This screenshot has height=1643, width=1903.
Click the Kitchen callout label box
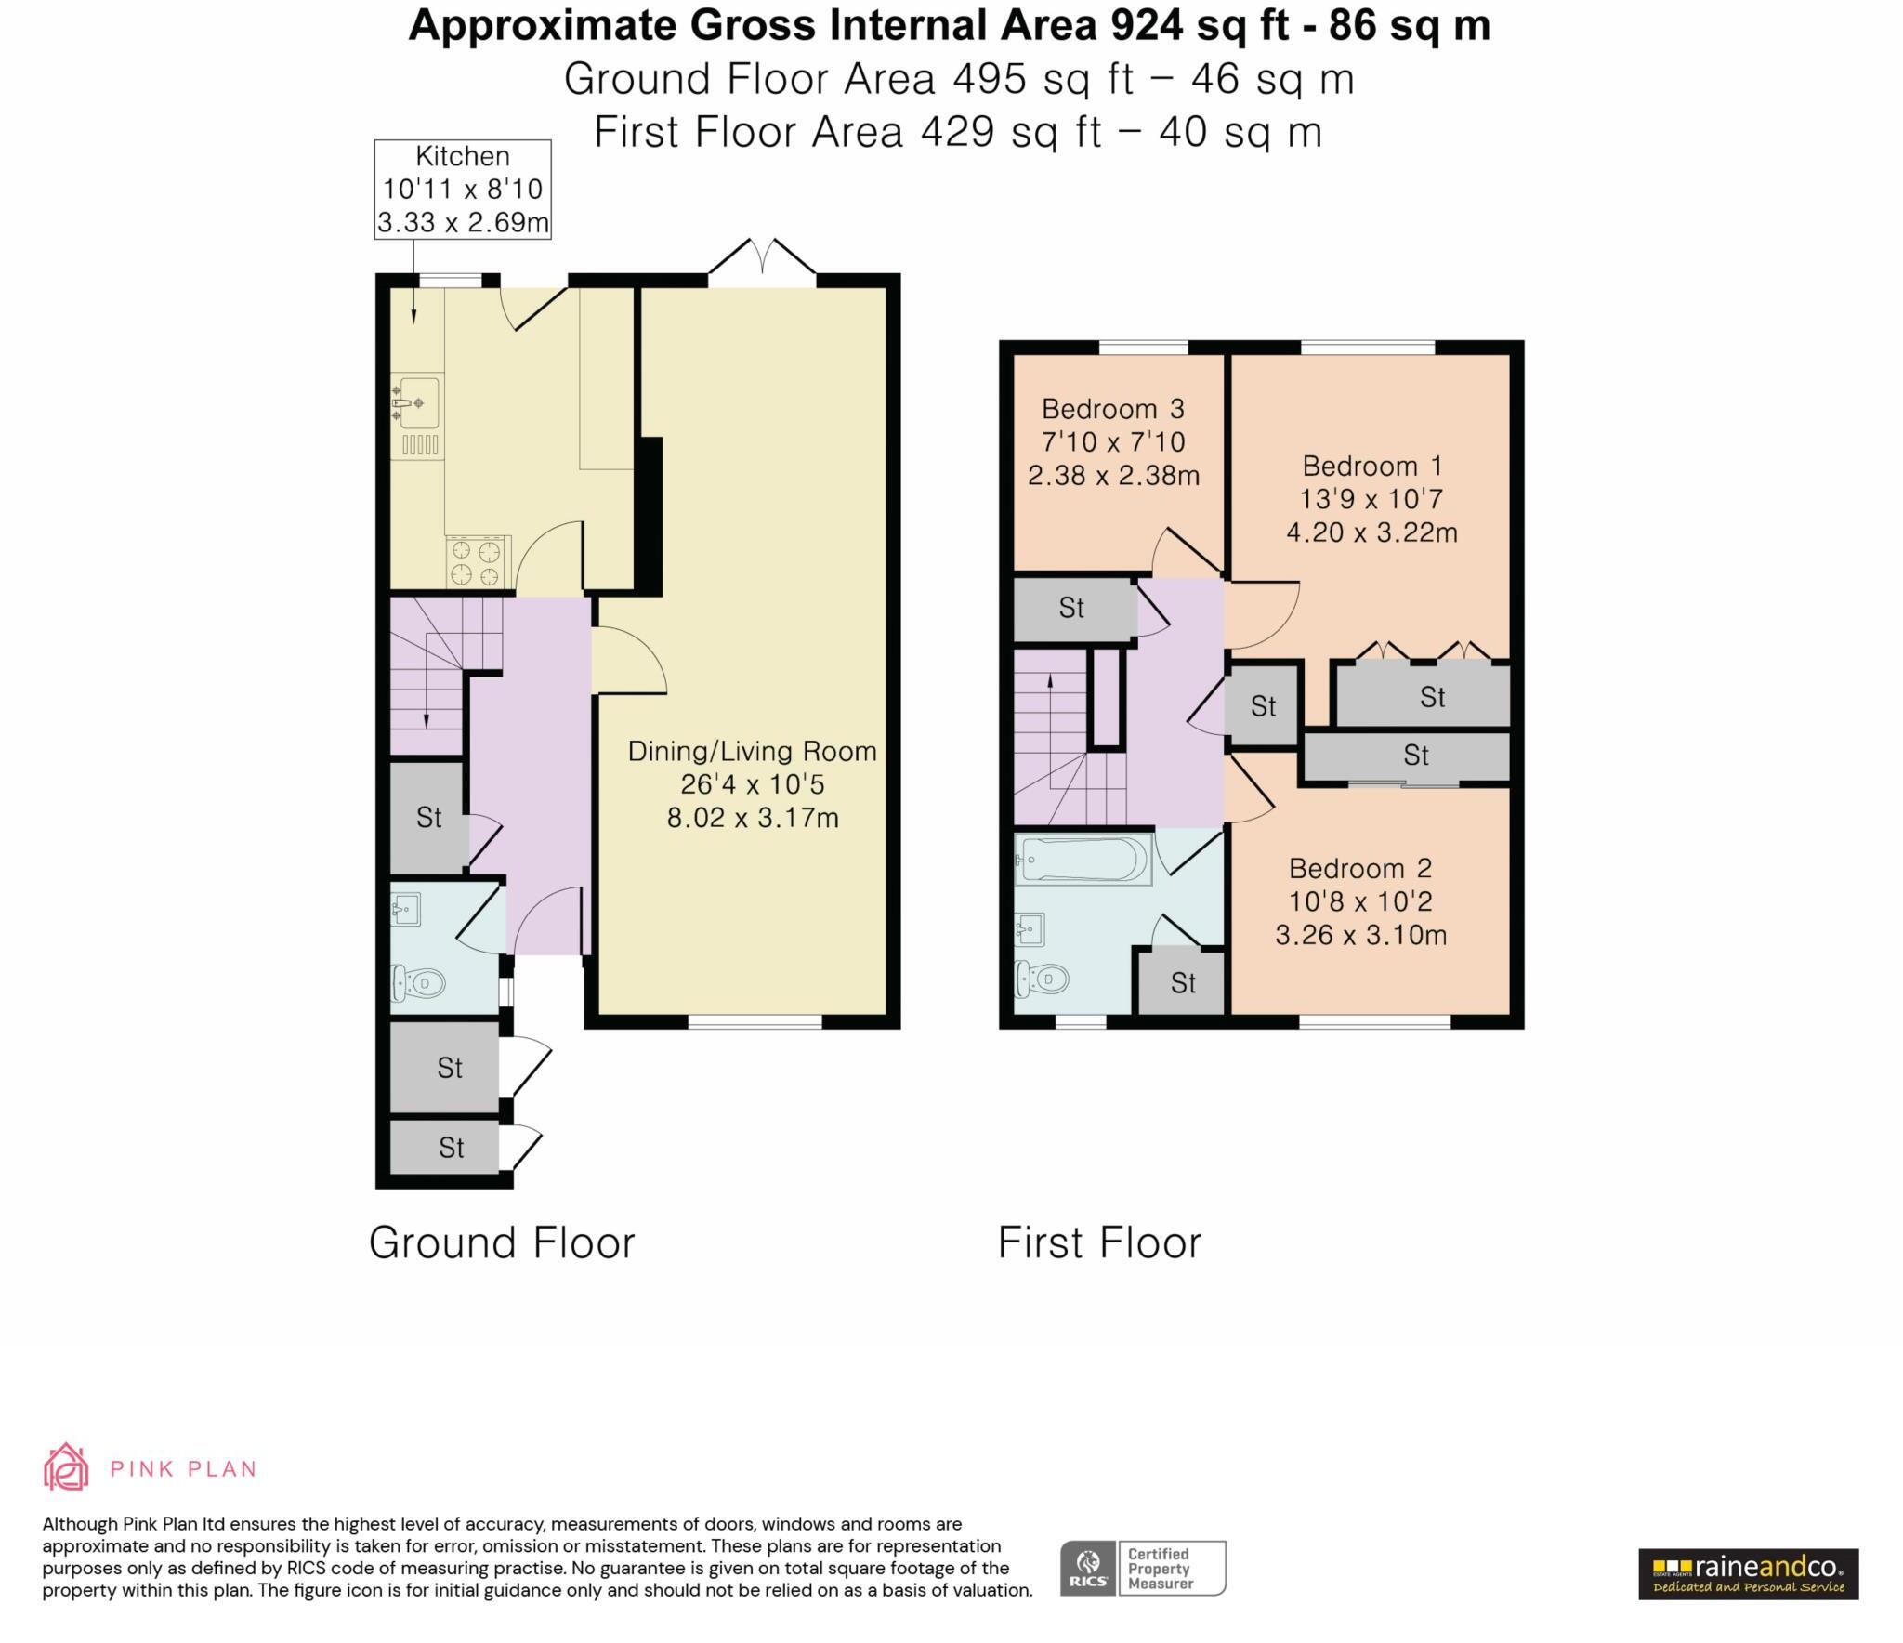(x=462, y=190)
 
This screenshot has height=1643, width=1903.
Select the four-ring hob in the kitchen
(x=478, y=562)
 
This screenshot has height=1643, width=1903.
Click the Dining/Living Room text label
(x=752, y=751)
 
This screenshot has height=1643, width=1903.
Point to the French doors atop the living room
(x=762, y=257)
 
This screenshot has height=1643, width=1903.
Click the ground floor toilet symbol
(x=418, y=981)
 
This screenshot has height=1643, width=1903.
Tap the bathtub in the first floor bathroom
(x=1082, y=859)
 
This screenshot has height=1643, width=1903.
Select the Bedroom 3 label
(x=1112, y=409)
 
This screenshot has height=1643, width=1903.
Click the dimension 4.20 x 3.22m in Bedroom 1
(x=1371, y=532)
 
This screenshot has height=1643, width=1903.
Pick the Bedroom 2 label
(x=1359, y=868)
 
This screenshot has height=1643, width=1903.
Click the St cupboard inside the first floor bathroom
(x=1182, y=983)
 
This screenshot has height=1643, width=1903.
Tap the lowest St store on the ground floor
(x=450, y=1148)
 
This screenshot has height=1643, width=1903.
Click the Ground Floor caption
(x=502, y=1242)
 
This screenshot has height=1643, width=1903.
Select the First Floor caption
(x=1099, y=1242)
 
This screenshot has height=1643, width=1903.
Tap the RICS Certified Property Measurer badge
(x=1143, y=1569)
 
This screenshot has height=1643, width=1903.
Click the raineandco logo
(x=1748, y=1573)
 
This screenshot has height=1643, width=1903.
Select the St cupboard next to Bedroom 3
(x=1071, y=609)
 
